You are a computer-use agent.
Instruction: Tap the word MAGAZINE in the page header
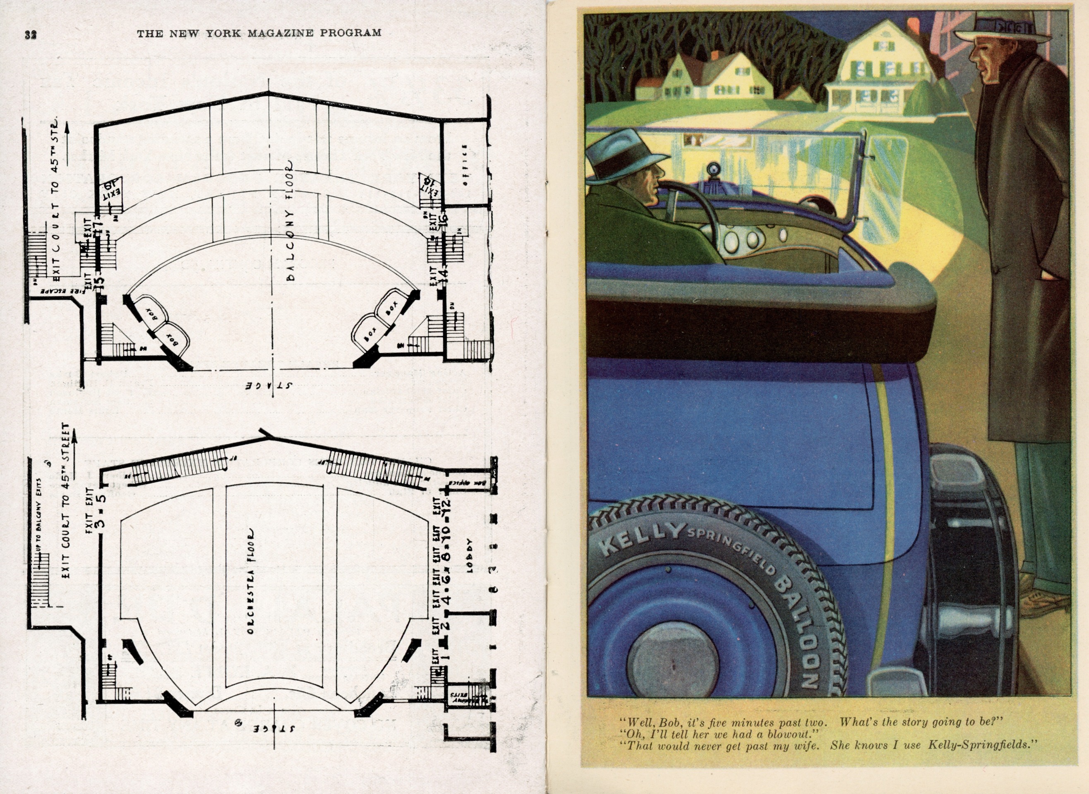pyautogui.click(x=278, y=33)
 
